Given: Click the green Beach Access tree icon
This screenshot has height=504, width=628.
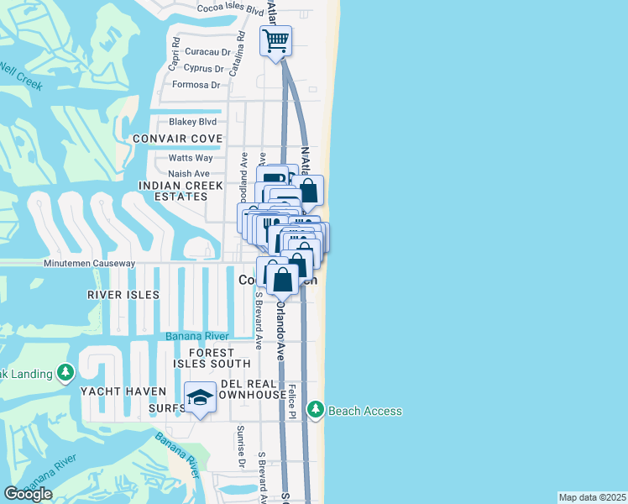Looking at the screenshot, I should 316,410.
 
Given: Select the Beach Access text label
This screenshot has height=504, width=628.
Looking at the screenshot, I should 364,411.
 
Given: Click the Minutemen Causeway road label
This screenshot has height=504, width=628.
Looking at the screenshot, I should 90,263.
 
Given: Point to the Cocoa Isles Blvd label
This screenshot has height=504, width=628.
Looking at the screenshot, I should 230,8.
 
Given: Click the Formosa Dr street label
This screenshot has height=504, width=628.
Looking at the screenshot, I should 196,85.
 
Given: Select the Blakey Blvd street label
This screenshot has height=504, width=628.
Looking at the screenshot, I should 192,122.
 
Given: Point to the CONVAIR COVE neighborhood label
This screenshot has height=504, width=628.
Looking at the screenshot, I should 177,139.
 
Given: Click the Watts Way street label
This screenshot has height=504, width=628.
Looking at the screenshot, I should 191,158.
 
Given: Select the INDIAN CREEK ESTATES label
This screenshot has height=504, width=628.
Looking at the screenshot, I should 173,191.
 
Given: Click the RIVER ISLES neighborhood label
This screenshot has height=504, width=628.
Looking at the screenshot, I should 123,295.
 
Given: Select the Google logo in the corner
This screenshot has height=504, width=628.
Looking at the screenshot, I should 28,493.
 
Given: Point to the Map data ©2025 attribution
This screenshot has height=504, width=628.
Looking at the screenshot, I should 593,497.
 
